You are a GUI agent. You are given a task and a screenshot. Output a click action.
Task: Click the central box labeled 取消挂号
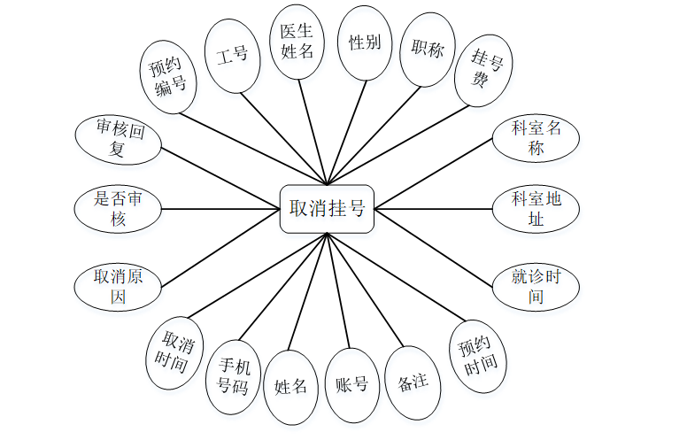point(328,209)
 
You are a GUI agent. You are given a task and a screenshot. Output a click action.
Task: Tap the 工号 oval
point(232,55)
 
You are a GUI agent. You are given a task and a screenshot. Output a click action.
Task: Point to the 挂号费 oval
point(483,69)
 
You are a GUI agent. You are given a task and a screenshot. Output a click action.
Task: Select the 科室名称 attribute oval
point(536,138)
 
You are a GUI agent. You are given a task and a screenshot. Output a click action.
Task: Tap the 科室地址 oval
point(536,209)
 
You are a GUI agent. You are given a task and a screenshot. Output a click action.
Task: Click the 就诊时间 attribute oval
point(536,286)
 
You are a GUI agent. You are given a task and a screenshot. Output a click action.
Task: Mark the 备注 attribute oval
point(413,382)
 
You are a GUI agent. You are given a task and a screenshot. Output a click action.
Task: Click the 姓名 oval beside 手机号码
point(291,387)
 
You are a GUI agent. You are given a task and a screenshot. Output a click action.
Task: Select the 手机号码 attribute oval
point(234,375)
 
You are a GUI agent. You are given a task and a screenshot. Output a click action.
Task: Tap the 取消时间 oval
point(174,352)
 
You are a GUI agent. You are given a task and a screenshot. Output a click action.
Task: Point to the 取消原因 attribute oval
point(119,286)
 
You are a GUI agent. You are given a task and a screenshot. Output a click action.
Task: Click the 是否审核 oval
point(119,210)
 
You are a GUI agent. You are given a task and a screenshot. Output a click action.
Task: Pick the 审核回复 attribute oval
point(119,139)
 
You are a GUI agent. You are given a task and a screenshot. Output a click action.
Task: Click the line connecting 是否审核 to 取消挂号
point(221,210)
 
